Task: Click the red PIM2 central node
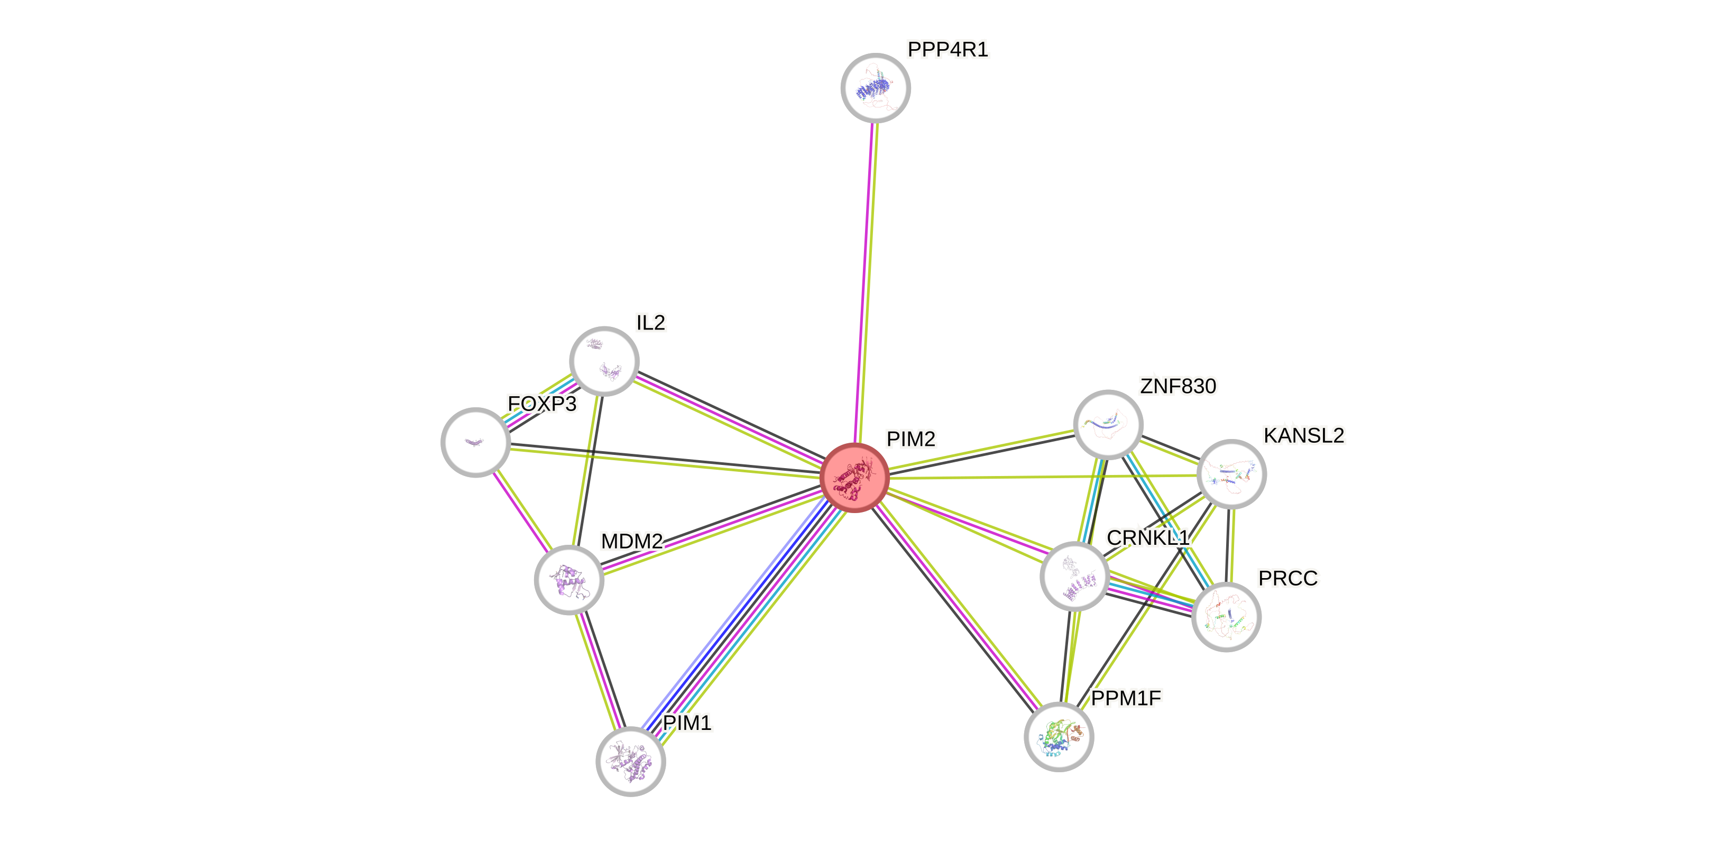[x=854, y=477]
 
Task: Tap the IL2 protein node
[x=604, y=361]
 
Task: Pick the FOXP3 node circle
[x=475, y=442]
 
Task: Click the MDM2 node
[x=569, y=579]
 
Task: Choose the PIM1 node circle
[x=630, y=761]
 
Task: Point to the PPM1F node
[x=1059, y=736]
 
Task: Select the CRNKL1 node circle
[x=1074, y=576]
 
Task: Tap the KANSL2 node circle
[x=1231, y=473]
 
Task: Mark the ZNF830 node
[x=1108, y=424]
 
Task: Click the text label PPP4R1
[x=948, y=49]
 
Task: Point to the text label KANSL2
[x=1303, y=435]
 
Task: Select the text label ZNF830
[x=1178, y=386]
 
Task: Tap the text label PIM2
[x=910, y=439]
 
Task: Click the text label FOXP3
[x=542, y=404]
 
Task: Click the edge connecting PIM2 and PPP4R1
[x=866, y=280]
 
